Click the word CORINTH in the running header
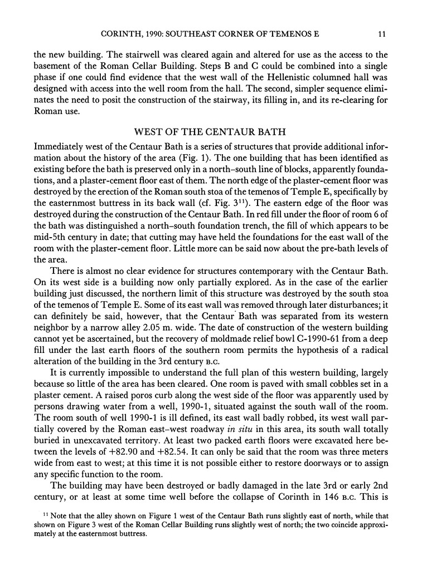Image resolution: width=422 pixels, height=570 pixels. (x=119, y=34)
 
